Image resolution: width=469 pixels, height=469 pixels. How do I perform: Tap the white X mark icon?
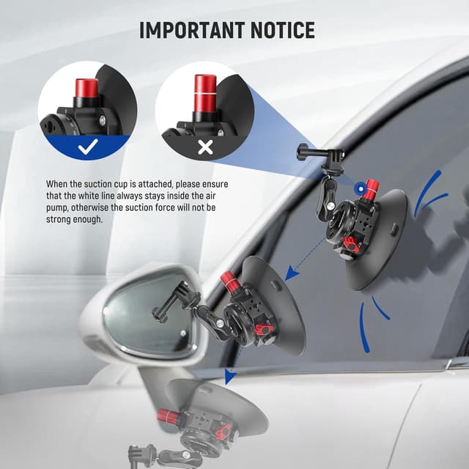click(205, 147)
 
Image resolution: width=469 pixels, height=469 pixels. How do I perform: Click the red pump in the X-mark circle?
click(204, 93)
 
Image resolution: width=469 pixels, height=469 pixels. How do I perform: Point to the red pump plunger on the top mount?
click(371, 190)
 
